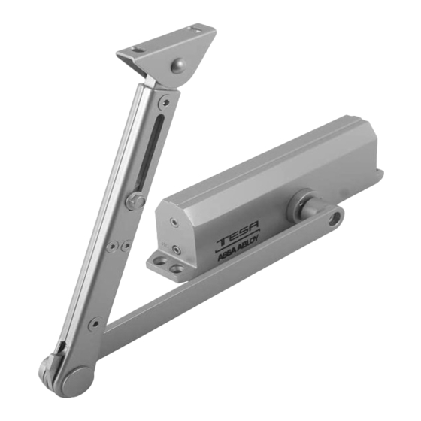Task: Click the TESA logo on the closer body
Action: [238, 233]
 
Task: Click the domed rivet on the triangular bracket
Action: [179, 65]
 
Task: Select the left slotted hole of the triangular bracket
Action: [136, 50]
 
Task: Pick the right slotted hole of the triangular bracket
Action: [195, 29]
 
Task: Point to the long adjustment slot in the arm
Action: [153, 153]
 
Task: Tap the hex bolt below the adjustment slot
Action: [135, 201]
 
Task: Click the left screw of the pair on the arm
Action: [112, 246]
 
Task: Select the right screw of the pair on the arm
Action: [126, 245]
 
